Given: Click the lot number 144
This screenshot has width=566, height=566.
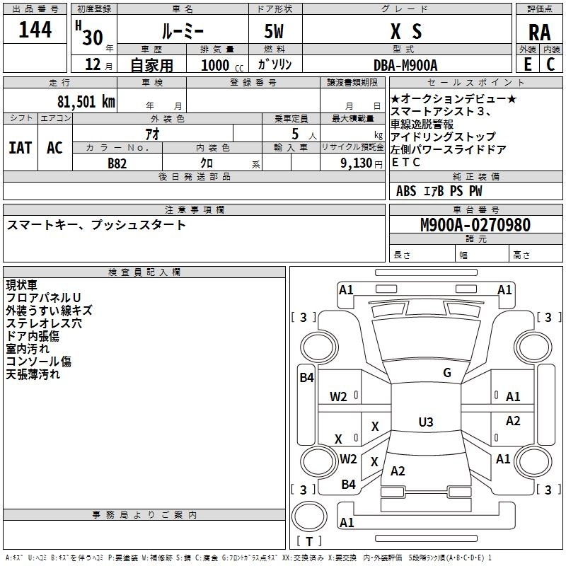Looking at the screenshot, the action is click(35, 30).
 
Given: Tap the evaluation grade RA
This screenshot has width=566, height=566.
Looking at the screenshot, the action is click(539, 33).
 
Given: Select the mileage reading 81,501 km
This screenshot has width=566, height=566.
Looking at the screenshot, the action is click(86, 102).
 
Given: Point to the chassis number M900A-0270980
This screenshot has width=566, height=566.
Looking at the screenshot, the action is click(475, 225).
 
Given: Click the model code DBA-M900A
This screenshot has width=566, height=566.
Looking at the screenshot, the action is click(405, 65).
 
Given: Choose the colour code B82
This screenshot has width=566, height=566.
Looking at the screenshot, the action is click(117, 163).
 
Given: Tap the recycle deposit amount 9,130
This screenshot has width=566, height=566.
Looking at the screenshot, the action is click(357, 163).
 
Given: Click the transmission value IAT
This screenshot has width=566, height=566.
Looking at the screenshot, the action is click(21, 148).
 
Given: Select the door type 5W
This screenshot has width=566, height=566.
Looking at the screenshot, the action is click(274, 31).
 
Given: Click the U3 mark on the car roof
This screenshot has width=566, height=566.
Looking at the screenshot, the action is click(426, 422).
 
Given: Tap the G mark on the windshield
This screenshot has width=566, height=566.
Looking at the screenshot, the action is click(447, 373).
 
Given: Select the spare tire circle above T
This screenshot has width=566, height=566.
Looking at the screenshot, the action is click(309, 516).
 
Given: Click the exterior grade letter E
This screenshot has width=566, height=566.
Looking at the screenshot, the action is click(528, 64).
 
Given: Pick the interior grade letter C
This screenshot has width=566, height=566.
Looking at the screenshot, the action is click(550, 64).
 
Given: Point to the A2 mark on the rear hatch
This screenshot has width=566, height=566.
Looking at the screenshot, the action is click(398, 471).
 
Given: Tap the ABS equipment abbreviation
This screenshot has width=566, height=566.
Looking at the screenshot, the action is click(406, 191).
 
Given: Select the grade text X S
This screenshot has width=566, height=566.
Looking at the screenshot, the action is click(406, 31).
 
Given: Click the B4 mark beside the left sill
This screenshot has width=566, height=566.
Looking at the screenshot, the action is click(306, 378).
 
